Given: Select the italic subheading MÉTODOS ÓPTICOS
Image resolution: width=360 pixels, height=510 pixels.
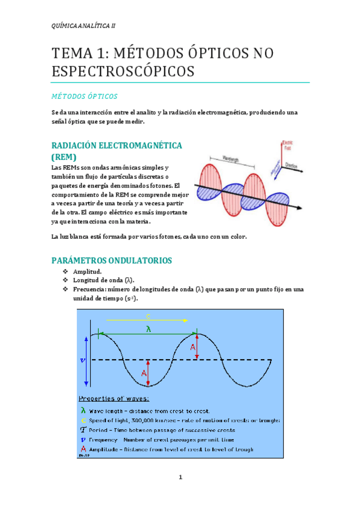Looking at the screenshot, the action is point(84,96).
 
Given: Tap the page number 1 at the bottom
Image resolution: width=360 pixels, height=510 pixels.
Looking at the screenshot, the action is point(180,478).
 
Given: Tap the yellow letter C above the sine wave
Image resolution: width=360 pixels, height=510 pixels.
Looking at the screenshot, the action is point(148,317).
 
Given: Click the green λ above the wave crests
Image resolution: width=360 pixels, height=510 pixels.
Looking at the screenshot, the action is point(148,328).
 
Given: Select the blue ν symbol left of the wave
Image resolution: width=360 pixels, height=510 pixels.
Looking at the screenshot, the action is point(83,360).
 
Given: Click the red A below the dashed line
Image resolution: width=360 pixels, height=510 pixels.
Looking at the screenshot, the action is point(144,373).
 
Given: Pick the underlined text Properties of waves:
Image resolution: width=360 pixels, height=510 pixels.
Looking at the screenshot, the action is point(114,398).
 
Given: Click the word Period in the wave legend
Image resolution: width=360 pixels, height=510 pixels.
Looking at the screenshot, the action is point(101,430).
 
